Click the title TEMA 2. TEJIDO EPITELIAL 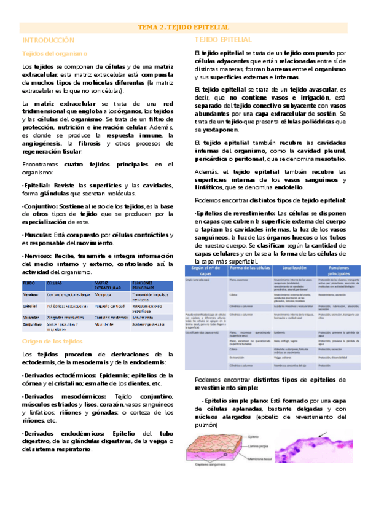point(184,28)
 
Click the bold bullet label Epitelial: point(36,186)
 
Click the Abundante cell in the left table point(106,324)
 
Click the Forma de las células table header point(250,269)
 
